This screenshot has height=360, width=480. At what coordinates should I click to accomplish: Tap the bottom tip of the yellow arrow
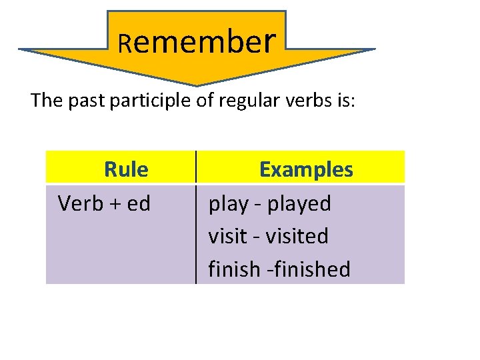click(x=197, y=84)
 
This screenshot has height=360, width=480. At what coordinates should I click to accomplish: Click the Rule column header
click(x=126, y=169)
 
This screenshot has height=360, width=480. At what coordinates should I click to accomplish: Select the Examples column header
click(x=306, y=169)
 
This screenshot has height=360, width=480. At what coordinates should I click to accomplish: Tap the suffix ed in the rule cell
click(x=139, y=203)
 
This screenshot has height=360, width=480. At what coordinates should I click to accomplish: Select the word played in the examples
click(x=299, y=203)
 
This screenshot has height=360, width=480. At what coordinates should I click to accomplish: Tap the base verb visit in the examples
click(x=226, y=236)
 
